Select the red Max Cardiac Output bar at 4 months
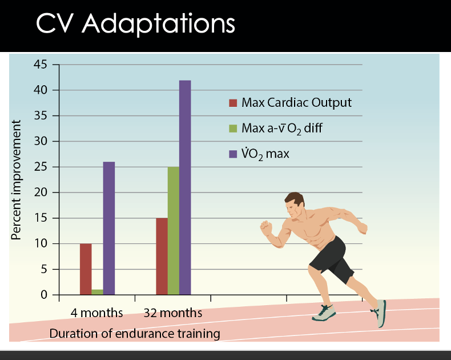(x=86, y=269)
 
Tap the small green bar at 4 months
(x=97, y=292)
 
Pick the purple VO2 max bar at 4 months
(x=108, y=229)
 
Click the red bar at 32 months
(x=162, y=257)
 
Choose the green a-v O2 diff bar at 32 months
(x=174, y=231)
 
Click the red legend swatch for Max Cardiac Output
(x=232, y=103)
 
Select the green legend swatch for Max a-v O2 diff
(x=232, y=129)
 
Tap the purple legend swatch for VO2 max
(x=232, y=154)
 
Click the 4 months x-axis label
(x=97, y=313)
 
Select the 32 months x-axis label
(x=173, y=313)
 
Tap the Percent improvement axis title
(x=17, y=179)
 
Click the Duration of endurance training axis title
(x=135, y=334)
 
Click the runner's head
(x=295, y=204)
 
